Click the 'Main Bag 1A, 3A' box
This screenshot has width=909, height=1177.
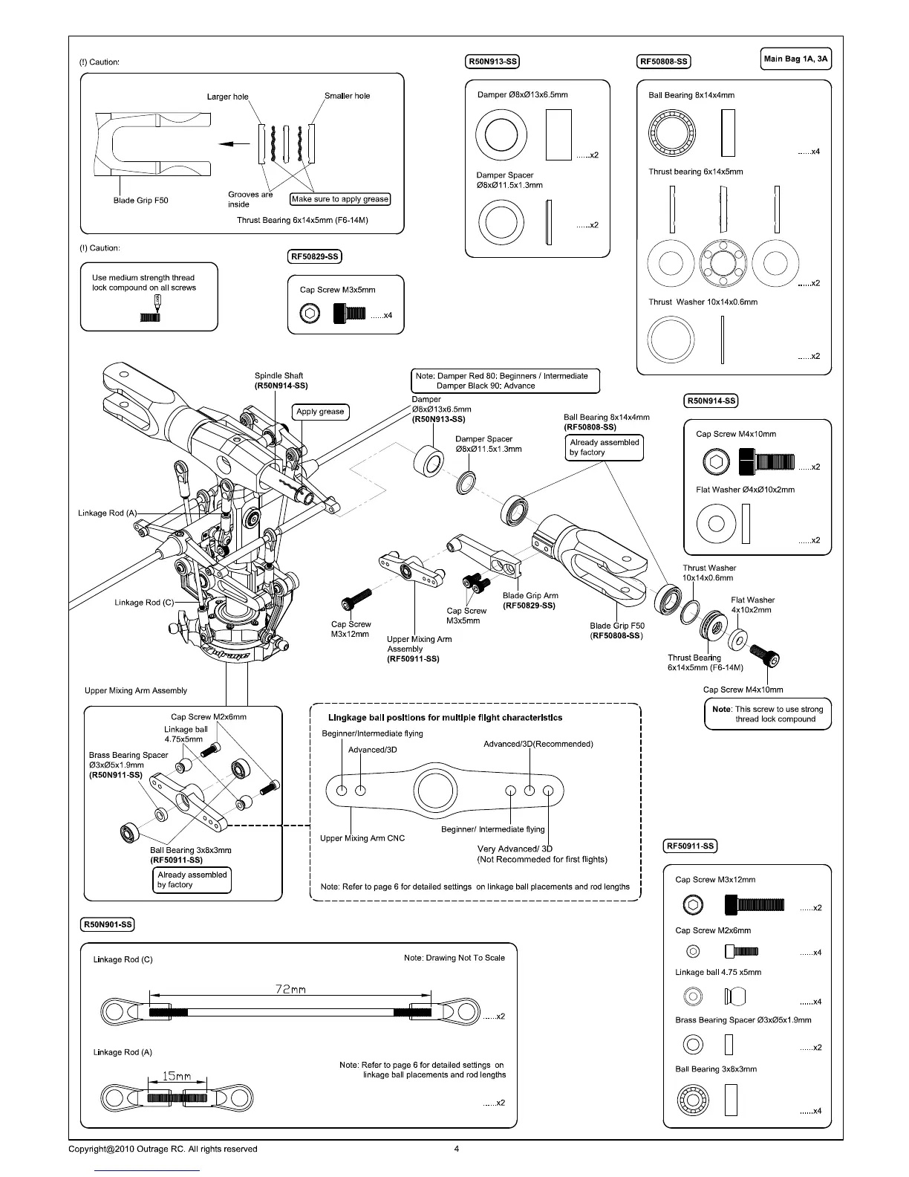click(796, 59)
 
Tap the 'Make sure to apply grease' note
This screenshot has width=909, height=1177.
click(340, 199)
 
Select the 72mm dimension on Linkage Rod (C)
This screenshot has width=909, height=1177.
click(290, 989)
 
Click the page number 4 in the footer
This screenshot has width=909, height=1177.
click(457, 1149)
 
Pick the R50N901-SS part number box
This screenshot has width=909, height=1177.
click(107, 924)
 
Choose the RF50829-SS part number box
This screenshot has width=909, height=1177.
click(314, 257)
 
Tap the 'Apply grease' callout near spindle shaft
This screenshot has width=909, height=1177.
click(320, 412)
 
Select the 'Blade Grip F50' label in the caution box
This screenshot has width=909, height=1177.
click(140, 201)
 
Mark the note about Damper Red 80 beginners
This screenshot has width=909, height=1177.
click(505, 381)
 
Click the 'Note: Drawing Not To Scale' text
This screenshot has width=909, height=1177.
click(454, 958)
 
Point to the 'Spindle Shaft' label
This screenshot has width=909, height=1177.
click(278, 376)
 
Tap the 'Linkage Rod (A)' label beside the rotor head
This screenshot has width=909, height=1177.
click(108, 513)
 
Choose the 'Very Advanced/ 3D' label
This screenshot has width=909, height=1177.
click(515, 849)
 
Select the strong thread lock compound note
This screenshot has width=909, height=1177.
click(767, 714)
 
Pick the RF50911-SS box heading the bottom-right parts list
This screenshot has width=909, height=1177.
click(690, 846)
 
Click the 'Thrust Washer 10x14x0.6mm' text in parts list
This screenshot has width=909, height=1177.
click(703, 302)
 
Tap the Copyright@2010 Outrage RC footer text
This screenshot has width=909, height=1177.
click(163, 1149)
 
